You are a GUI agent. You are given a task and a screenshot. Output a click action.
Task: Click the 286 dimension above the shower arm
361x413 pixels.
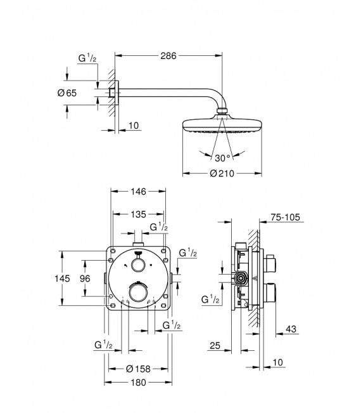pos(167,56)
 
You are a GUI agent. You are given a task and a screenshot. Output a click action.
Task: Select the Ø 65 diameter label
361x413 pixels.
pos(66,93)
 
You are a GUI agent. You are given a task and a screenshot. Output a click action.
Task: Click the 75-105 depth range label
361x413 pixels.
pos(284,218)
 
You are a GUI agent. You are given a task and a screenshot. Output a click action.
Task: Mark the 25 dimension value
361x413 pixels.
pos(215,345)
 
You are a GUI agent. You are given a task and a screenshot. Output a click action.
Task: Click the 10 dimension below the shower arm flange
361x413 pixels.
pos(133,126)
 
